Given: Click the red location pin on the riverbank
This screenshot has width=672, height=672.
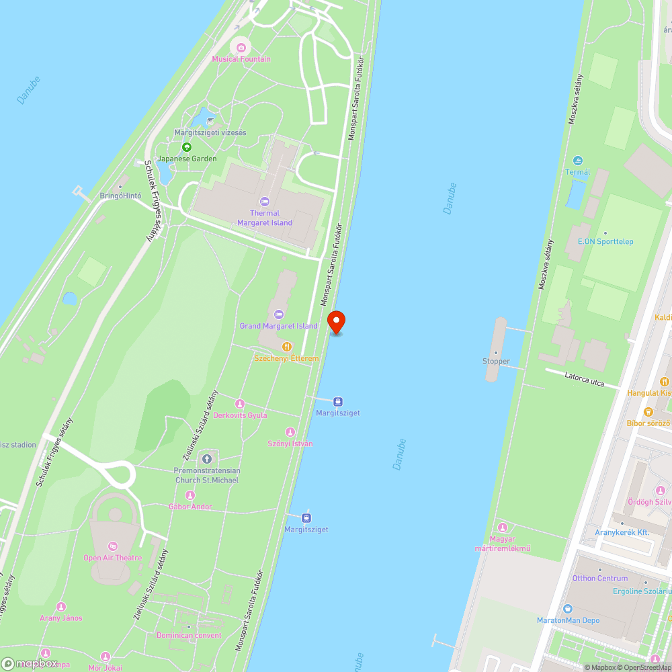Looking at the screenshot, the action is click(336, 321).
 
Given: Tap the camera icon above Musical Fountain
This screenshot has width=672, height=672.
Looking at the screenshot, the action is click(241, 47).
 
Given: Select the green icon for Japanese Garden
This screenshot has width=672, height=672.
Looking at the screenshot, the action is click(187, 147).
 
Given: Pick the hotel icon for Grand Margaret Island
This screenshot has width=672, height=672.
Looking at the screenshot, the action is click(279, 314).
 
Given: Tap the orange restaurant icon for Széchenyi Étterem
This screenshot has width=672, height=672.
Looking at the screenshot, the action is click(286, 347).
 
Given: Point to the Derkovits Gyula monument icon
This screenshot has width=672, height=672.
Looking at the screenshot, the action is click(239, 403).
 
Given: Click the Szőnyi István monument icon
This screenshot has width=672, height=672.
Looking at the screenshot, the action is click(290, 432).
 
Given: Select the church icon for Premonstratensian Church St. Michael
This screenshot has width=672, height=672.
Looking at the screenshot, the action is click(206, 459).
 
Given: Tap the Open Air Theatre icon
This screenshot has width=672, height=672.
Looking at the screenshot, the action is click(112, 546).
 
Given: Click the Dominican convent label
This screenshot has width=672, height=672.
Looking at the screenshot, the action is click(189, 635).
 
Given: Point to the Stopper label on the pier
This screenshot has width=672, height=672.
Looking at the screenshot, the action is click(496, 362).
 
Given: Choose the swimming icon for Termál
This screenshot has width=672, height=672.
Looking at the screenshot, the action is click(577, 161).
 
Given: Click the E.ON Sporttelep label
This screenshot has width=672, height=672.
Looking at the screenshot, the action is click(605, 241).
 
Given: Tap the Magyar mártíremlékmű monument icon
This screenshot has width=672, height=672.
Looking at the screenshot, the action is click(502, 527).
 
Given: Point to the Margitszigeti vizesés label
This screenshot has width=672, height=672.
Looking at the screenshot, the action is click(210, 132).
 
